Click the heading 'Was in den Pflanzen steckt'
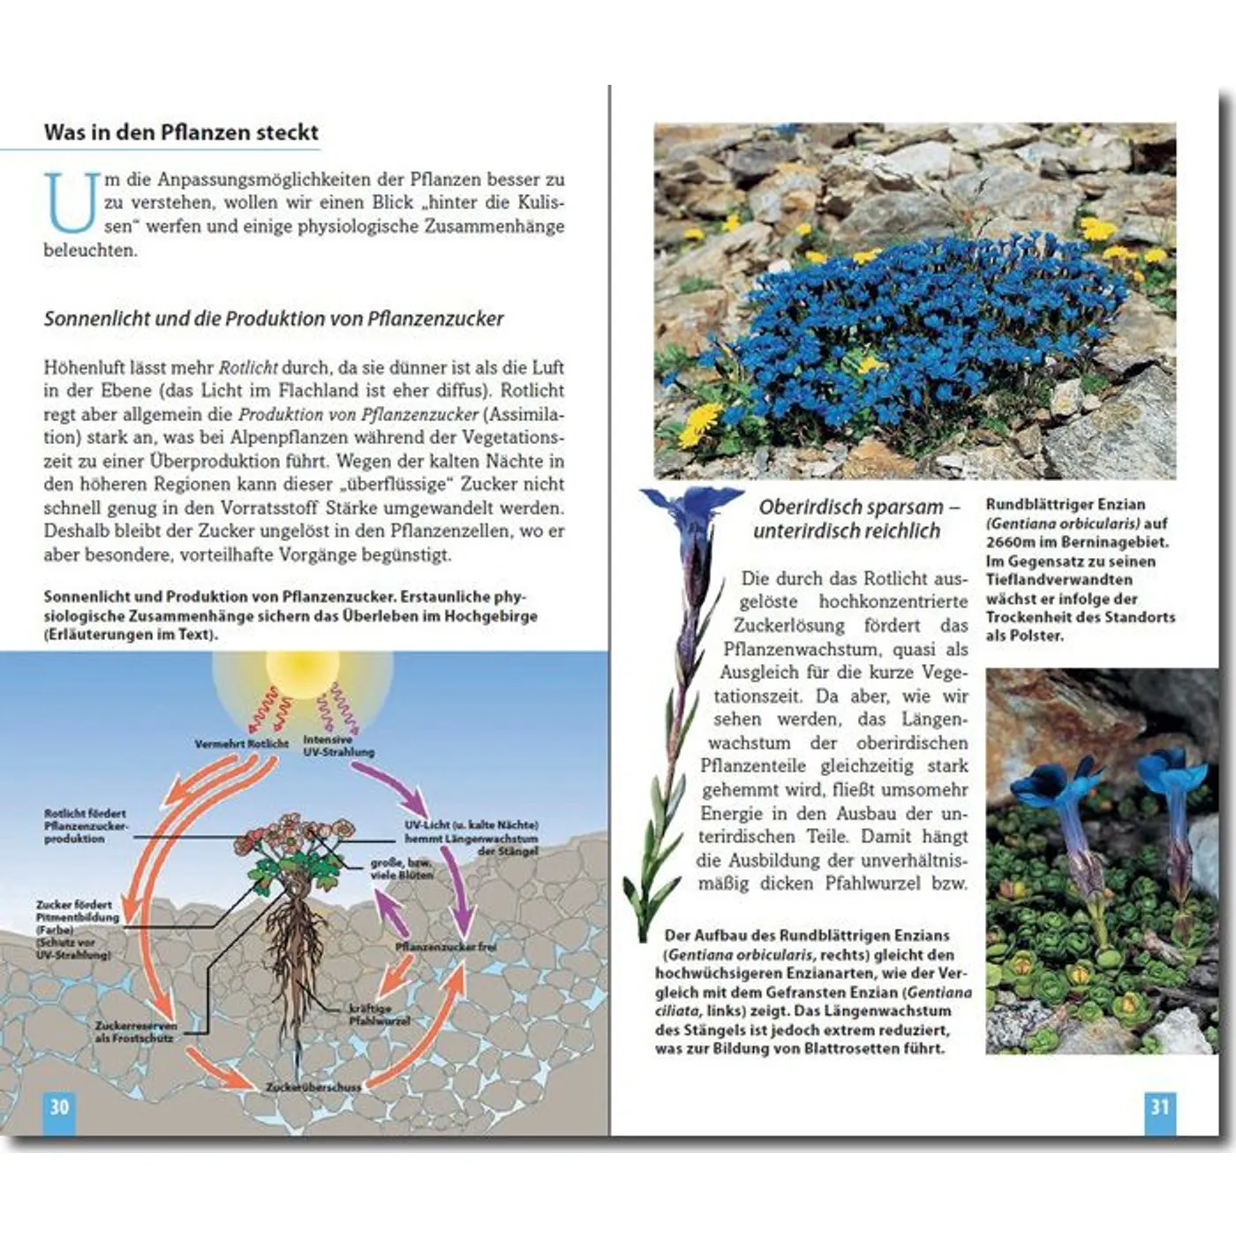(x=181, y=132)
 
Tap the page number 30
(x=59, y=1107)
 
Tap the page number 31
(x=1159, y=1107)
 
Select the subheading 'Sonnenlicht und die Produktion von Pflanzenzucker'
(x=274, y=319)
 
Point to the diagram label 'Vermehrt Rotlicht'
(x=241, y=743)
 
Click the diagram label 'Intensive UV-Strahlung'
(x=338, y=746)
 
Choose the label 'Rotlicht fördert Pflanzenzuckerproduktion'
(x=86, y=826)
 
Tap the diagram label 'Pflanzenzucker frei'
(x=445, y=946)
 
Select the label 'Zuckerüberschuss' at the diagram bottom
(x=313, y=1087)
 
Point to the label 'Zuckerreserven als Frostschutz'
(x=136, y=1032)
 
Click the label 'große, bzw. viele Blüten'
(x=402, y=868)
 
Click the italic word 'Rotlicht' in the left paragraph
(x=248, y=367)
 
